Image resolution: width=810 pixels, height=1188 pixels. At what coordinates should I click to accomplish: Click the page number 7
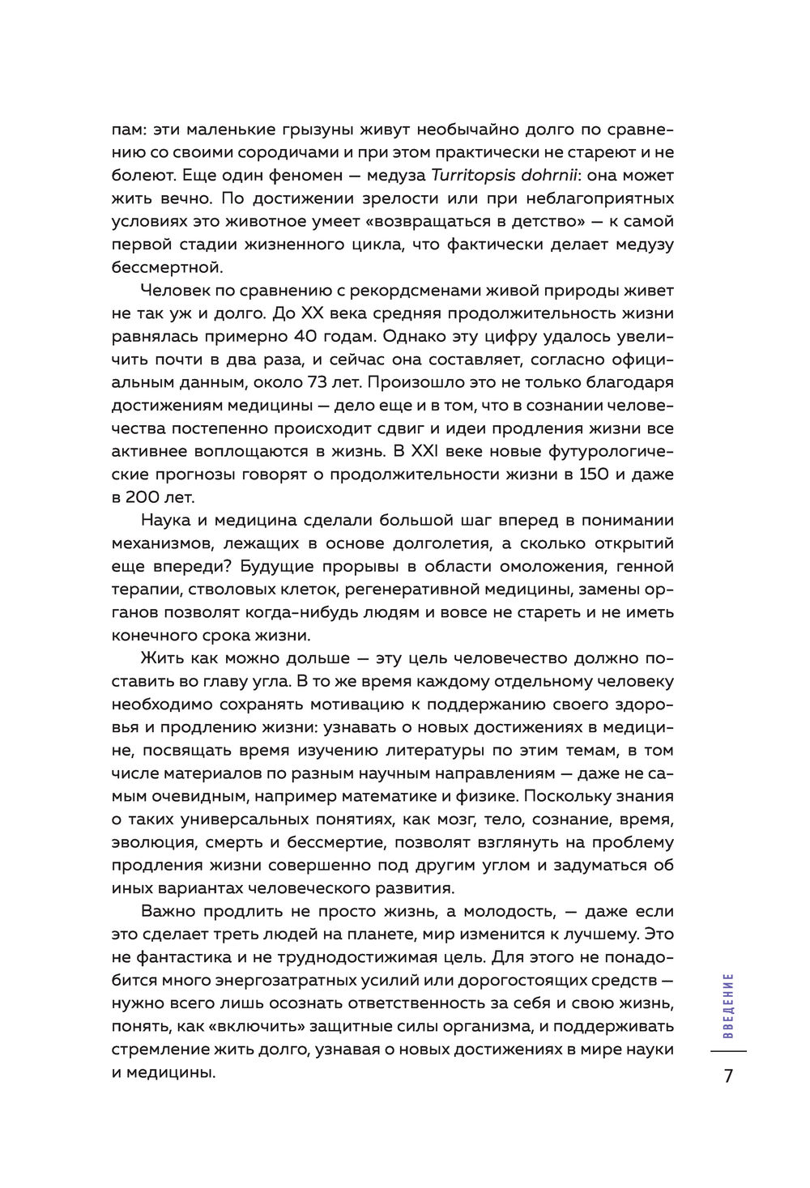click(728, 1076)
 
